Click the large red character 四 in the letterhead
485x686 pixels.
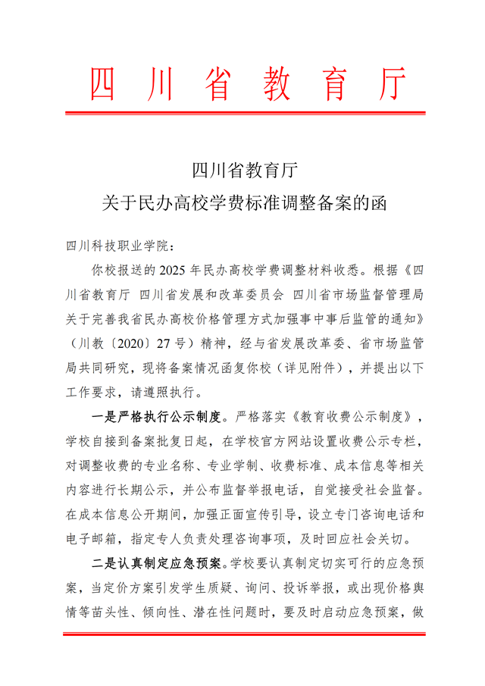click(x=104, y=84)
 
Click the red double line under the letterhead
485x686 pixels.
click(x=242, y=113)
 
